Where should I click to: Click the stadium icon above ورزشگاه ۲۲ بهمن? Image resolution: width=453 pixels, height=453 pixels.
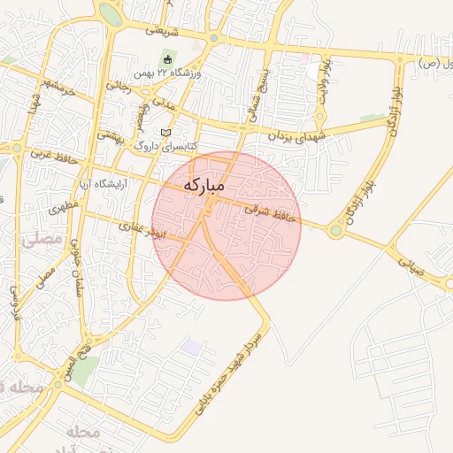[167, 60]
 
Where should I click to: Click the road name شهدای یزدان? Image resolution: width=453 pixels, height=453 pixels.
[296, 134]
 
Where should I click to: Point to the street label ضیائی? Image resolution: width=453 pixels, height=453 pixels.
[409, 262]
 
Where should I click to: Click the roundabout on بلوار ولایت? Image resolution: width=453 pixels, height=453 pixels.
[335, 232]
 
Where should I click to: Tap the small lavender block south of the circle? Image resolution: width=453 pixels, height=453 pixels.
[190, 346]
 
